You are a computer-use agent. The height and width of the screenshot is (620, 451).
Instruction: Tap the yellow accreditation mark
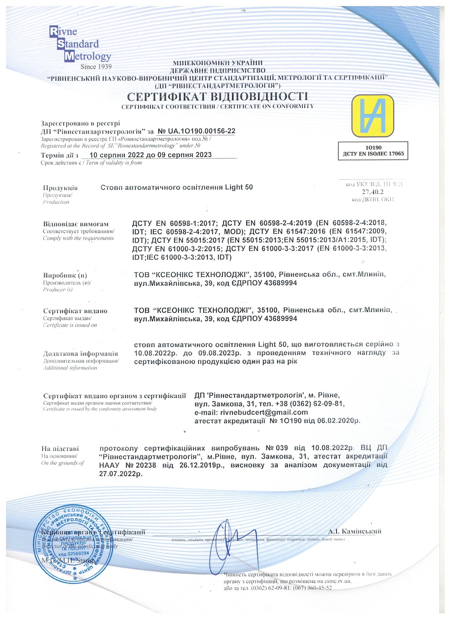point(373,116)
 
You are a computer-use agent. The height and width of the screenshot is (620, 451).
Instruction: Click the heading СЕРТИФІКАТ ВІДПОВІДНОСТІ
point(218,97)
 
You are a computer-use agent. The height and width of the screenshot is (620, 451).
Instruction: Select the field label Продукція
point(60,188)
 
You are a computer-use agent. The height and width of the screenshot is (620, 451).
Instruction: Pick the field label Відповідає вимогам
point(76,224)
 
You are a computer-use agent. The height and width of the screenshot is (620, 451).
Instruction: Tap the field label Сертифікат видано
point(75,311)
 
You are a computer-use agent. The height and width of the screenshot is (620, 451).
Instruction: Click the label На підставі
point(60,448)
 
